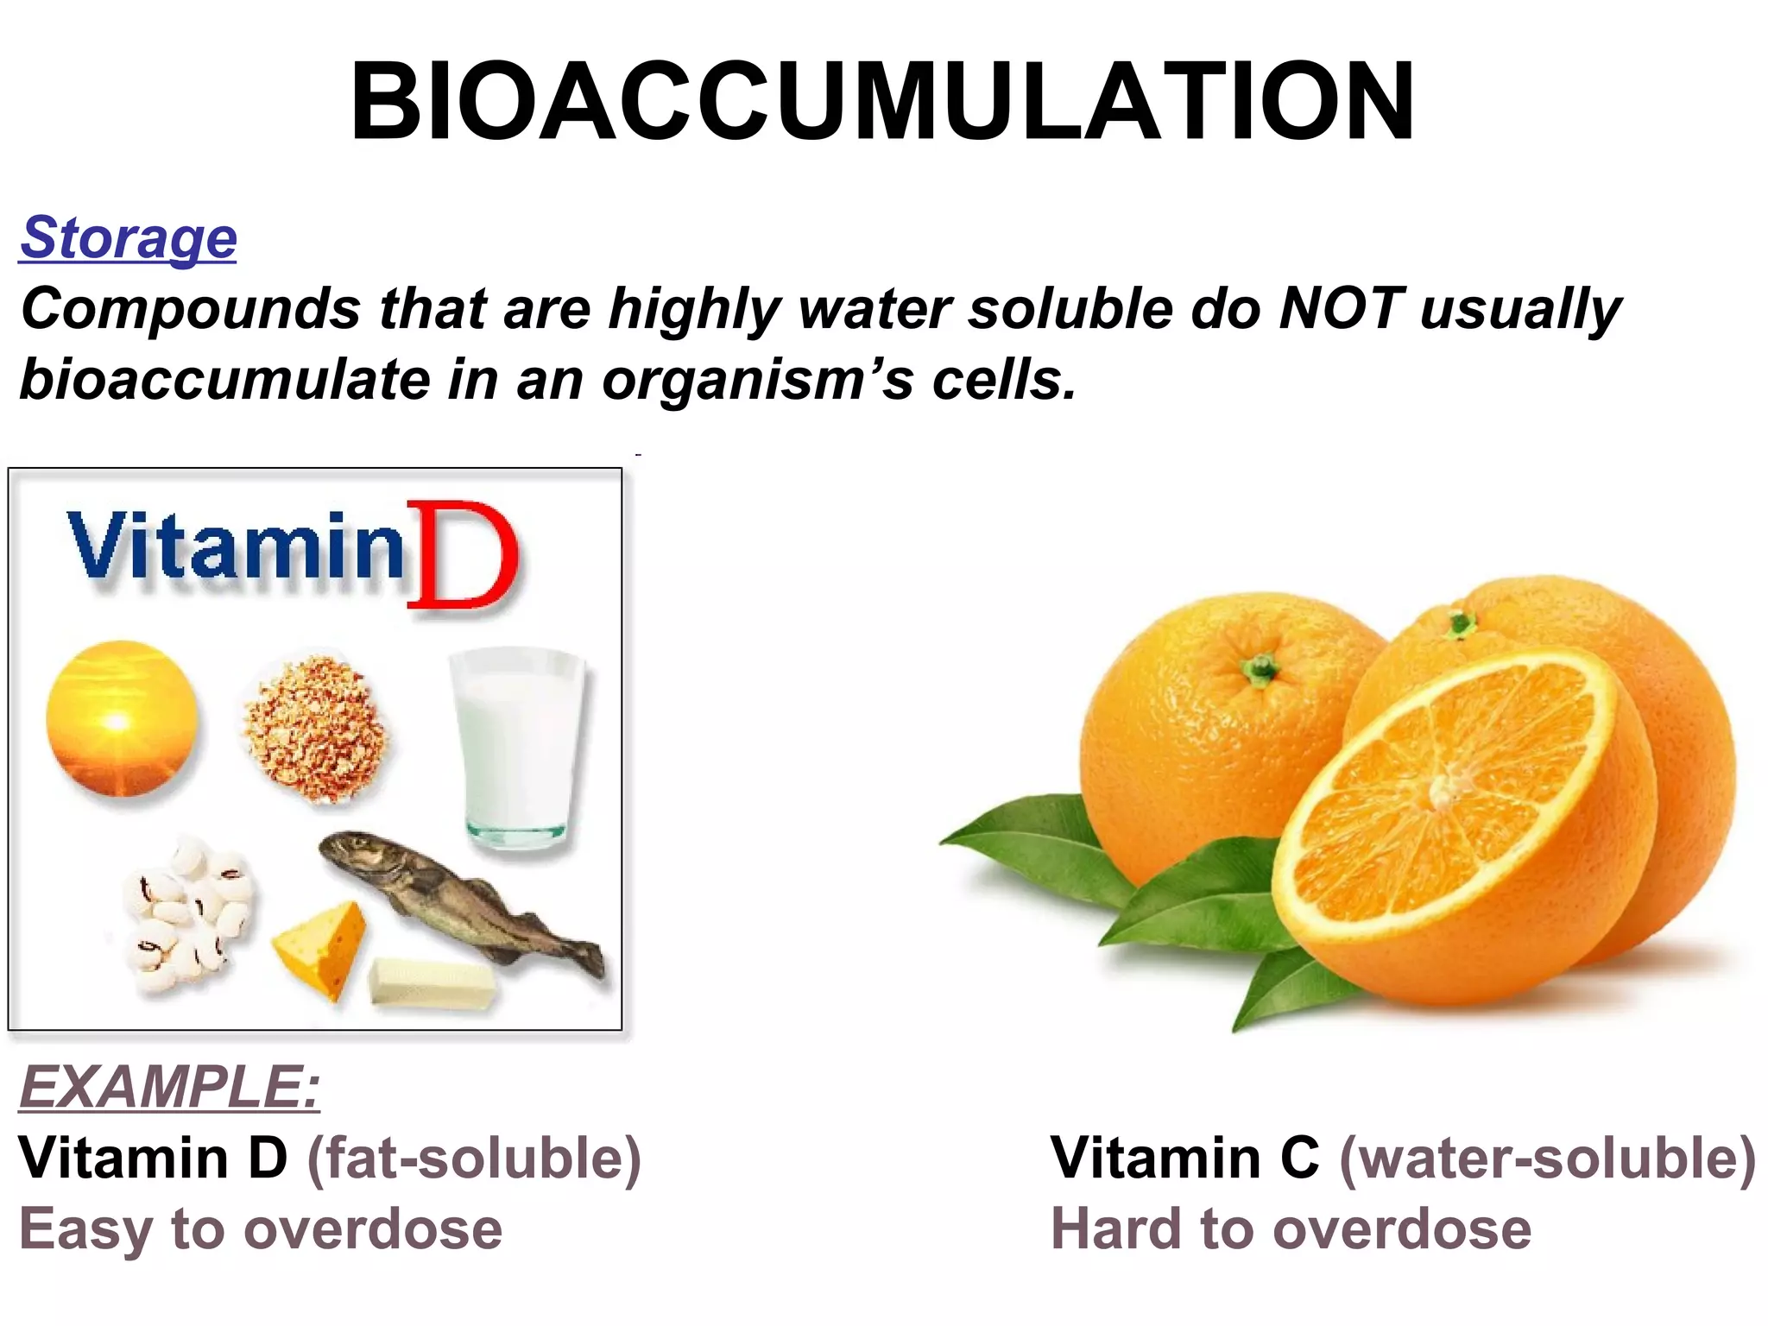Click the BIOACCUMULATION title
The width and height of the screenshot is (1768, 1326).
[x=882, y=101]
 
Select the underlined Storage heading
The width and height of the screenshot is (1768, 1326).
[x=128, y=237]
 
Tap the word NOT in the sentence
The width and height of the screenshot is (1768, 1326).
[x=1339, y=308]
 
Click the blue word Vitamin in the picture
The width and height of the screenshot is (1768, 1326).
[x=235, y=547]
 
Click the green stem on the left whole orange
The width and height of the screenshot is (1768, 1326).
[x=1261, y=668]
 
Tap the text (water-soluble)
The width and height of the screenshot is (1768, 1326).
[x=1547, y=1157]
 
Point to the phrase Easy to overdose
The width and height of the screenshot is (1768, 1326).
[x=261, y=1228]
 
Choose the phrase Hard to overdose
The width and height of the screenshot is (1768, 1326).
[x=1291, y=1228]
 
